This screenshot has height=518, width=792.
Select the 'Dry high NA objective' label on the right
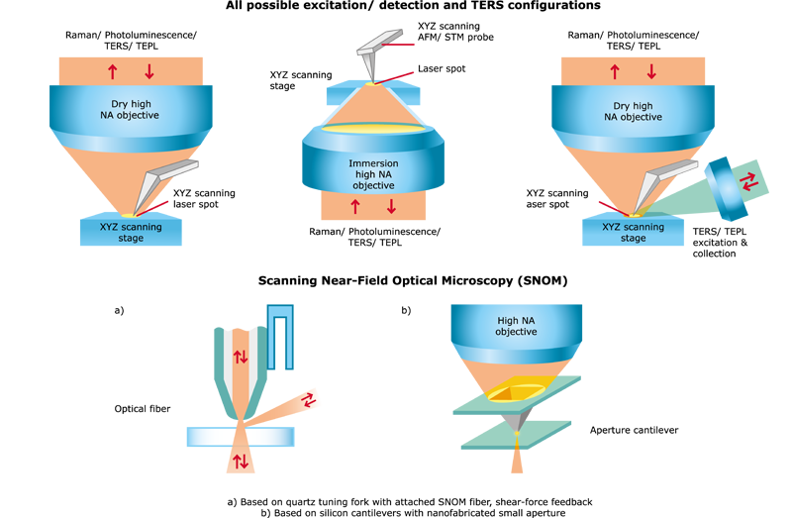click(x=633, y=111)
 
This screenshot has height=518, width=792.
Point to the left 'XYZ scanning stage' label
click(x=131, y=232)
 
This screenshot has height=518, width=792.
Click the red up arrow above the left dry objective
click(x=112, y=71)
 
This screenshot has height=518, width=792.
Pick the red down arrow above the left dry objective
click(x=149, y=71)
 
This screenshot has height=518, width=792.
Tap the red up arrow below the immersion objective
click(x=355, y=207)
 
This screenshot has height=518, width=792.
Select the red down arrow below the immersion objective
click(x=391, y=207)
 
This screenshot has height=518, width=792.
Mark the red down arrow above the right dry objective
click(x=651, y=71)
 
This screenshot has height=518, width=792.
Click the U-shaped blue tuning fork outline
click(x=279, y=336)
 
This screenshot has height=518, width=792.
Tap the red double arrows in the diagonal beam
click(x=309, y=399)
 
